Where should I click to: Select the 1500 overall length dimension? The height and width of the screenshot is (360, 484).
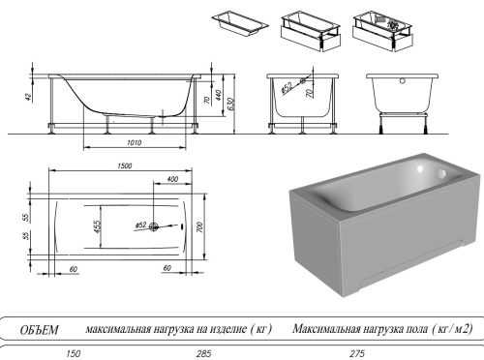(x=124, y=166)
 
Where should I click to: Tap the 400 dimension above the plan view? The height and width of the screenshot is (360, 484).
(x=172, y=180)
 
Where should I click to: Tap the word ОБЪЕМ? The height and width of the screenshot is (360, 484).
(x=41, y=330)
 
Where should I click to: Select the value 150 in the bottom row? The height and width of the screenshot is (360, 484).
(x=72, y=353)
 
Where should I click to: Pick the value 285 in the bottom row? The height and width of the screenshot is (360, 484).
(x=203, y=353)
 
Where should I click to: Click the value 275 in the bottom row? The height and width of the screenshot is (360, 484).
(x=359, y=353)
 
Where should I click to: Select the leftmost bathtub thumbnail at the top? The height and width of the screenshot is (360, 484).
(x=235, y=24)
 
